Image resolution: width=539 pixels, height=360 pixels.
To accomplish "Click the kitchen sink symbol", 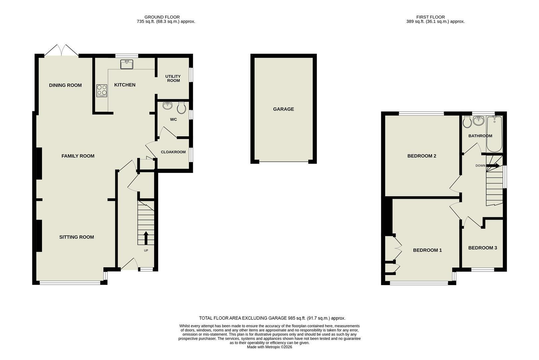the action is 127,64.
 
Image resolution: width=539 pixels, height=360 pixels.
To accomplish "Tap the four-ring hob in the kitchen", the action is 102,91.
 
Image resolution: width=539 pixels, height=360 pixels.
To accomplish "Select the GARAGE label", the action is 283,109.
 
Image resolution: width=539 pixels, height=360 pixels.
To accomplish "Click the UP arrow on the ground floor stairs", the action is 146,238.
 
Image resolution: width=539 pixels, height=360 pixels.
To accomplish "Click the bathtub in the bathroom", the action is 494,134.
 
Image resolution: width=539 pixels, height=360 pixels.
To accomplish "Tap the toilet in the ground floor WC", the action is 182,107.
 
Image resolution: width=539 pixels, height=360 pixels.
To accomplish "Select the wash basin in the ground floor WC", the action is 168,105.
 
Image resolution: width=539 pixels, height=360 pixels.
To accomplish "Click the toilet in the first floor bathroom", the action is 467,122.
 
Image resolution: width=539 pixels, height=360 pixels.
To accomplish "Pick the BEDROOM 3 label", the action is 482,248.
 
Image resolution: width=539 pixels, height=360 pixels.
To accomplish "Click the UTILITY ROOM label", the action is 173,79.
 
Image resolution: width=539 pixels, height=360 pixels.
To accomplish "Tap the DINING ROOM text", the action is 65,85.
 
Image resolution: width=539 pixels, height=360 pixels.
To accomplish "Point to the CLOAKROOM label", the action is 173,152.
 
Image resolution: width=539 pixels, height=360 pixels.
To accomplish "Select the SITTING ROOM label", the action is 77,237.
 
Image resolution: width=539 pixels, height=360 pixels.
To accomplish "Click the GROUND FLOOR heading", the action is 162,17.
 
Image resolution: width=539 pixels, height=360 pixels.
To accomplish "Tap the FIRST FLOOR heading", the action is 430,17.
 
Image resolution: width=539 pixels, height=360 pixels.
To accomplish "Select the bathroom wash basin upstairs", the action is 479,121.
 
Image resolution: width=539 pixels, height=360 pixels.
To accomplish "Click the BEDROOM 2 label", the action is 422,156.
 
